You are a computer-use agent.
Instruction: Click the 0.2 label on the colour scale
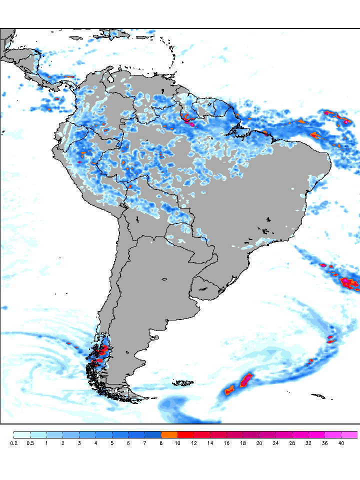(13, 443)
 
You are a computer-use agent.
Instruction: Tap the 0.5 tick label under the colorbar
(30, 443)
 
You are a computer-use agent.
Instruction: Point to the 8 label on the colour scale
(161, 443)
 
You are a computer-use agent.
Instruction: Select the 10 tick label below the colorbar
(177, 443)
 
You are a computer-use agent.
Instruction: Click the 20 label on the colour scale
(259, 443)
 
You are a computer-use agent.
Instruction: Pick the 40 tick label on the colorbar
(341, 443)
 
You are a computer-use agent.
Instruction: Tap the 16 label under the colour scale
(226, 443)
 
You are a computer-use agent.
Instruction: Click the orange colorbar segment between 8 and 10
(169, 434)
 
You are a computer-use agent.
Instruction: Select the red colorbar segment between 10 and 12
(185, 434)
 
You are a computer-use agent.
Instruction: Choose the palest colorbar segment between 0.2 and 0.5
(21, 434)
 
